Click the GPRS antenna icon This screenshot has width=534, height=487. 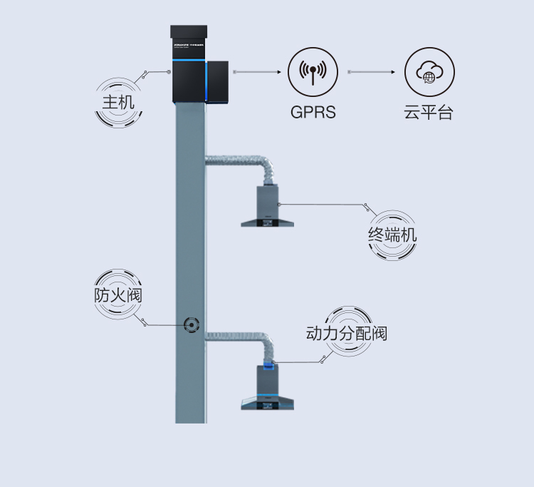[x=313, y=72]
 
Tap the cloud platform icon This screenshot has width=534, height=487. [x=429, y=72]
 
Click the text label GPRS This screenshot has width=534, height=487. [x=313, y=112]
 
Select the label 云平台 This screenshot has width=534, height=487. [x=429, y=113]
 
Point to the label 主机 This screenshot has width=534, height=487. [x=118, y=102]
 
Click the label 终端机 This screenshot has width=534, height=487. [x=392, y=235]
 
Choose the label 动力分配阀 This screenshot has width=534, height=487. [x=347, y=333]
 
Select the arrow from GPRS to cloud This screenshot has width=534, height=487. [x=372, y=72]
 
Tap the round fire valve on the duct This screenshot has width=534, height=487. [x=192, y=325]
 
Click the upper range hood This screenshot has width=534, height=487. [x=268, y=210]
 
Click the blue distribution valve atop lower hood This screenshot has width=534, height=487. [x=268, y=366]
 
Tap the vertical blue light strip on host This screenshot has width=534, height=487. [x=206, y=82]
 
